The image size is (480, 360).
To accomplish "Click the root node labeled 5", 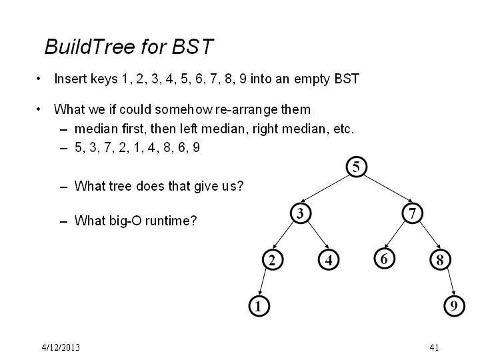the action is (x=356, y=167).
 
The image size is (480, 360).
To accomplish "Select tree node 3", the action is (x=301, y=213).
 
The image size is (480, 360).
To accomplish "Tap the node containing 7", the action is (x=413, y=213).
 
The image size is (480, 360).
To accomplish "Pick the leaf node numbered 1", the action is (x=259, y=306).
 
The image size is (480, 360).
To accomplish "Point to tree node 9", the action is (x=454, y=306).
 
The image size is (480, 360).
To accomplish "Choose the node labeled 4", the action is (x=329, y=259).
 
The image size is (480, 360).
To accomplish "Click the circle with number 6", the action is (x=385, y=259).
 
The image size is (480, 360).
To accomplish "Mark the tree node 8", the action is (x=440, y=259).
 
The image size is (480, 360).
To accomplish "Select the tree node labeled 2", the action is (x=273, y=259).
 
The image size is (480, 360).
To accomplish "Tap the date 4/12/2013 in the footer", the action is (x=61, y=347).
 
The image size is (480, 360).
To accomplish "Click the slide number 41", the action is (x=434, y=347).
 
